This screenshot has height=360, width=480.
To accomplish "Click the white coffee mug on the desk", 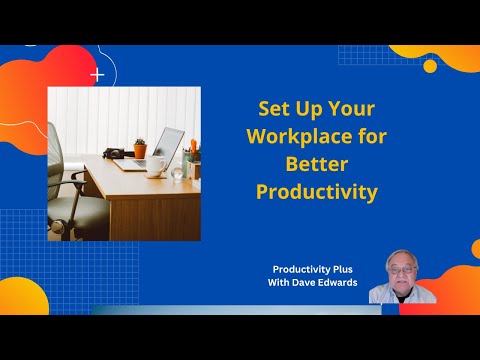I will tap(156, 167).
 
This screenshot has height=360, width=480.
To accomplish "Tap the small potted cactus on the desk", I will tap(140, 149).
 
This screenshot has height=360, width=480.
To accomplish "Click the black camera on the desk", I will tap(115, 154).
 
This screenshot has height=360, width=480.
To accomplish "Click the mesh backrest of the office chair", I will tap(57, 160).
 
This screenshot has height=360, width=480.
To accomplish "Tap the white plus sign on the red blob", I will tap(97, 74).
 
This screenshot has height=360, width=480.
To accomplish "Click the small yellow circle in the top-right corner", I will tap(430, 66).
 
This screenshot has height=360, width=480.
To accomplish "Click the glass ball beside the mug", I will tap(176, 172).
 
